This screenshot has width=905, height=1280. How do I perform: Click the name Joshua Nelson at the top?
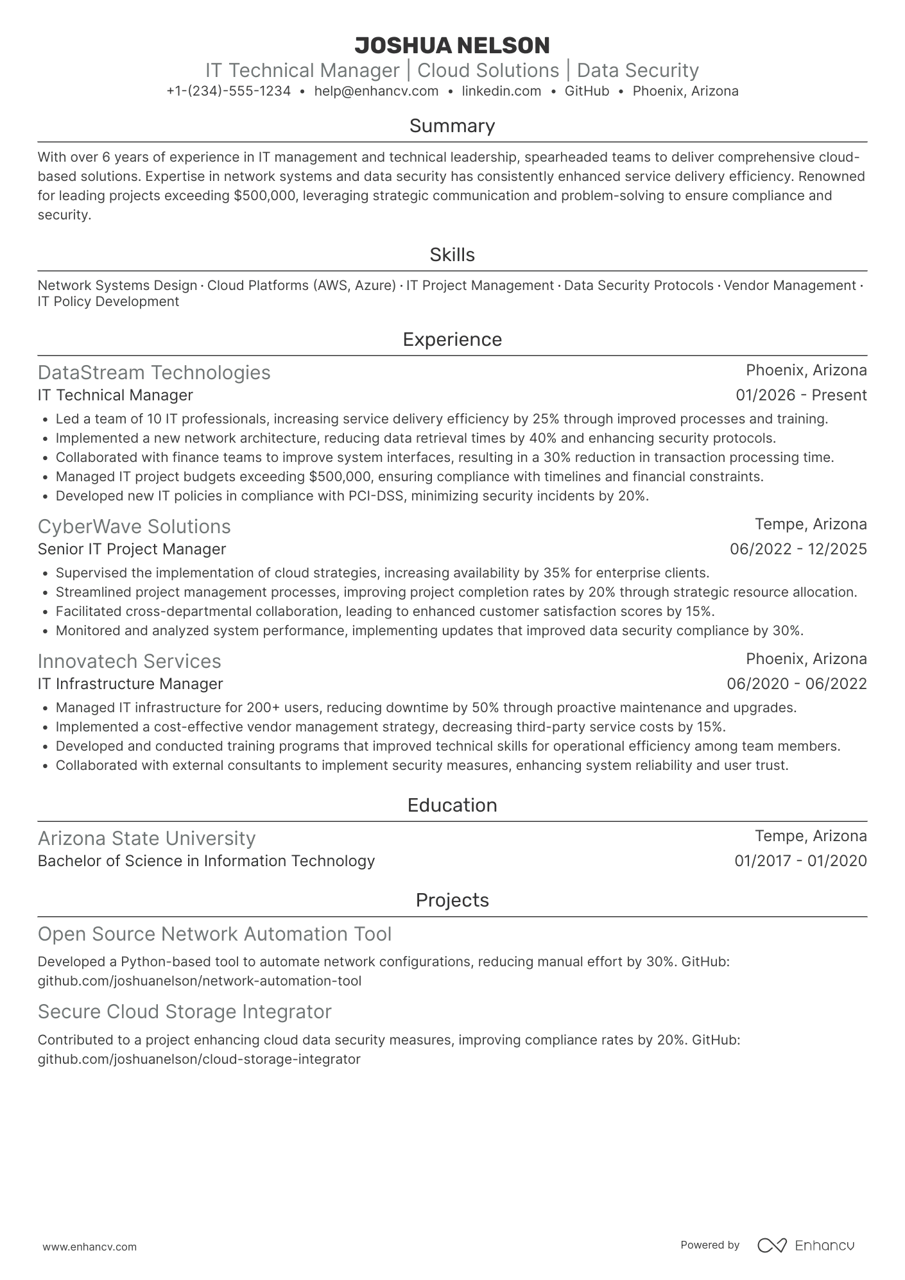coord(452,46)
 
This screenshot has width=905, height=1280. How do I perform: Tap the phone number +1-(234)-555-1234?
coord(228,91)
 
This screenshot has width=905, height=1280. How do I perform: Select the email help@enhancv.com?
coord(376,91)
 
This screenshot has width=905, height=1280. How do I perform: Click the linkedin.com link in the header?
coord(501,91)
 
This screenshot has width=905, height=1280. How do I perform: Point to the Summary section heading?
coord(452,126)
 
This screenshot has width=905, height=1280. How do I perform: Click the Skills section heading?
coord(452,255)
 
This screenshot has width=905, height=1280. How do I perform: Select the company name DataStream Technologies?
coord(154,373)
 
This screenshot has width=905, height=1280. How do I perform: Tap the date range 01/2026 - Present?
coord(801,395)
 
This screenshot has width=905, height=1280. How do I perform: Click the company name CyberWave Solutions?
coord(134,527)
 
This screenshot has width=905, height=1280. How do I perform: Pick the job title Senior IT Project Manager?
coord(132,549)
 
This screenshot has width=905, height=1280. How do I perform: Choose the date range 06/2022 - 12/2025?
coord(798,549)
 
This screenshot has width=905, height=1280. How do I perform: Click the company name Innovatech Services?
coord(129,661)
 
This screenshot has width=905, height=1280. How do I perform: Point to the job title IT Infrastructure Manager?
coord(130,684)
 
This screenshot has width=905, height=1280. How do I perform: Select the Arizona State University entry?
coord(146,839)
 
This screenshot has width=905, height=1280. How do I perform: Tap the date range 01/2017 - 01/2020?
coord(800,861)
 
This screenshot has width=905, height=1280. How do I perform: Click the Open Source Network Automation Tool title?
coord(214,934)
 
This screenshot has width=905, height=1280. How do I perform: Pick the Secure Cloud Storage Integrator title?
coord(184,1012)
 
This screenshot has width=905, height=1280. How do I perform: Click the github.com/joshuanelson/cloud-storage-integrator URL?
coord(199,1059)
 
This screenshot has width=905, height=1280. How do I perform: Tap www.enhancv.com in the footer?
coord(89,1247)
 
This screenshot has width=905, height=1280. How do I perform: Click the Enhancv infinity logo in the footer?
coord(771,1245)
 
